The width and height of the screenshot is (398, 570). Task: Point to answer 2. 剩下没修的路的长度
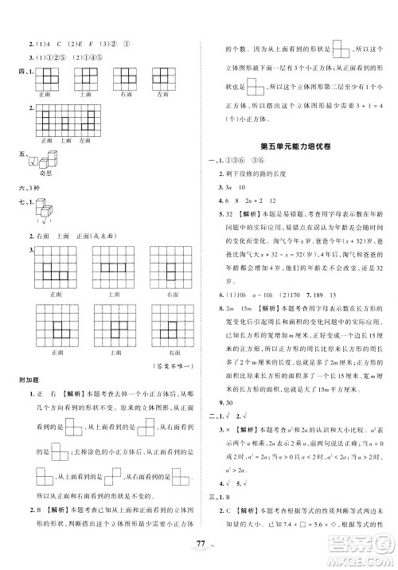point(259,174)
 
